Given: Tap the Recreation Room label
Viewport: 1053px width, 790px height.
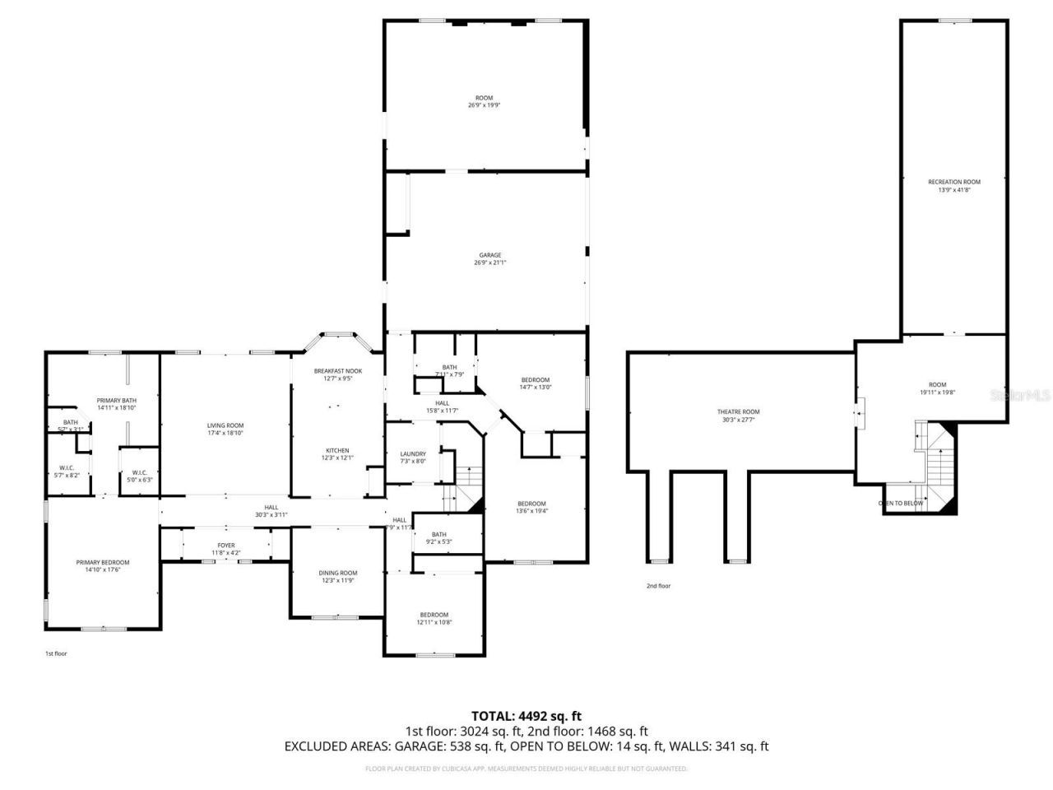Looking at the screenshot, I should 954,182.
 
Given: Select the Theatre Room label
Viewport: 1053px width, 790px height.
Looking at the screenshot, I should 738,412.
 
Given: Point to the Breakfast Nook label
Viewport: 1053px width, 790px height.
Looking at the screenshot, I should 337,371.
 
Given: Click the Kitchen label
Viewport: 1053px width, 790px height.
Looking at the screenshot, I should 337,451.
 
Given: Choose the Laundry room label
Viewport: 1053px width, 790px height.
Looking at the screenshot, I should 412,454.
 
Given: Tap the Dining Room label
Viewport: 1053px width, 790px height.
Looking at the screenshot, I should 337,573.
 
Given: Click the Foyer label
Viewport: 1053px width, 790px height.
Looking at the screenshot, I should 226,546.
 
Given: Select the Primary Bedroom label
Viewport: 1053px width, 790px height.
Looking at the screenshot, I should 103,563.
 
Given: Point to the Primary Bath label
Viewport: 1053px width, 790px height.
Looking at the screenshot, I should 116,400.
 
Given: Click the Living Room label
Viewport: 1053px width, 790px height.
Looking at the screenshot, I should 225,425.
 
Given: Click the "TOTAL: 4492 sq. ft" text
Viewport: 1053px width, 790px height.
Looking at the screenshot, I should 526,716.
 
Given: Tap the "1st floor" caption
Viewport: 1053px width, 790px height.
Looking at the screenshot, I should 55,653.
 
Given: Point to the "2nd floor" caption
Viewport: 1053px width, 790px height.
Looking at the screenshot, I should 658,586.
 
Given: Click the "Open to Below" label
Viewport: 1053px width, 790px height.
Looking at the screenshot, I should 901,503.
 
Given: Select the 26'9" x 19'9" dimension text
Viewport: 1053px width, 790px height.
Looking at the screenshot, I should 484,105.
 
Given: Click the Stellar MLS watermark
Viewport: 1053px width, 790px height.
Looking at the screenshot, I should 1021,396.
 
